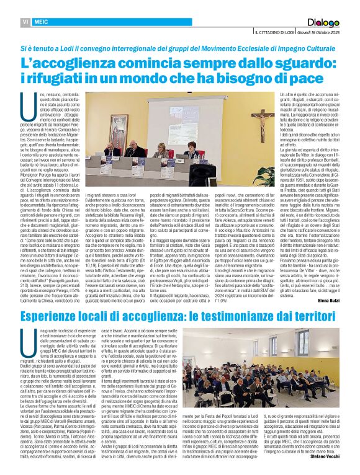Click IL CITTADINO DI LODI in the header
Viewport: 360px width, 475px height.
point(275,32)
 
